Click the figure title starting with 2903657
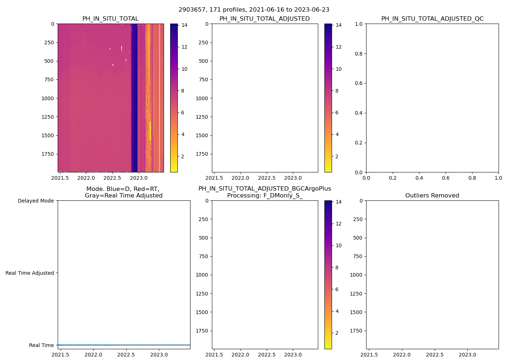tap(254, 10)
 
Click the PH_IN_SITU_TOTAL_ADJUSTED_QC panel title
tap(432, 19)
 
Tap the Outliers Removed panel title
tap(432, 196)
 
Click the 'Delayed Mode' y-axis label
tap(36, 201)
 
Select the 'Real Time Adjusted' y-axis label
tap(30, 273)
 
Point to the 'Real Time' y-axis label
tap(41, 345)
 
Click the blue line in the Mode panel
tap(124, 345)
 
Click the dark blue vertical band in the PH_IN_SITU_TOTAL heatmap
tap(134, 98)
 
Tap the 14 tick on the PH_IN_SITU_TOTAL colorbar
tap(184, 25)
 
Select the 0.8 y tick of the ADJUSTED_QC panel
tap(359, 54)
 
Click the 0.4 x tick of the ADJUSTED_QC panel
tap(419, 178)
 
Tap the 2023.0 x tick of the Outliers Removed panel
tap(467, 355)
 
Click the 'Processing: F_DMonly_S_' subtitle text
tap(265, 196)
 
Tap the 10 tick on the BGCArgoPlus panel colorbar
tap(339, 245)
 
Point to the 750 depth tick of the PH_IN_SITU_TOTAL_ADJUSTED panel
tap(203, 79)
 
